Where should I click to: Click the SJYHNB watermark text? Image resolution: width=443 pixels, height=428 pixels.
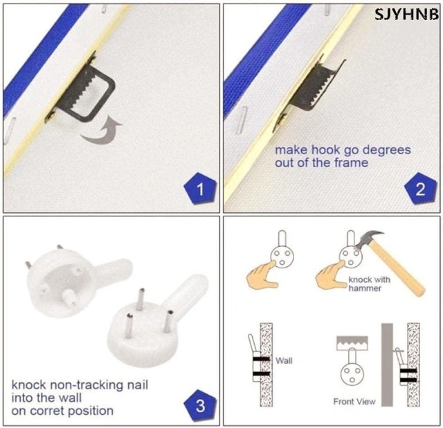(406, 14)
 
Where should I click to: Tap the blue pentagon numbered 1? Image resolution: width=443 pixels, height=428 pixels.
(200, 189)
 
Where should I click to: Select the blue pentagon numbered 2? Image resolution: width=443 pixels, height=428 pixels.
(420, 189)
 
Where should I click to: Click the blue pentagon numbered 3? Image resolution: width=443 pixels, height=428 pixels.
(200, 405)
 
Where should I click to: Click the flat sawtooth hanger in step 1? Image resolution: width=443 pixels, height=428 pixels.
(84, 91)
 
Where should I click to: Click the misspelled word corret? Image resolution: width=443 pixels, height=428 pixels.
(48, 411)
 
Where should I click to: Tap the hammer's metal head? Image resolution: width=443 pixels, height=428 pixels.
(369, 239)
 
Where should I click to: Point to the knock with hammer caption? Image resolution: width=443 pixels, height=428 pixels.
(369, 283)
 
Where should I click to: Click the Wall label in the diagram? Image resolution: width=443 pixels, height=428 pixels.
(284, 360)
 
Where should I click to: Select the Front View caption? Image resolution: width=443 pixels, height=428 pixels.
(354, 402)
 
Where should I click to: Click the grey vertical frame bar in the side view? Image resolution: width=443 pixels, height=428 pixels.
(387, 364)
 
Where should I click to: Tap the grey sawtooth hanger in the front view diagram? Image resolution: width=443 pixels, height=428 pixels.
(352, 343)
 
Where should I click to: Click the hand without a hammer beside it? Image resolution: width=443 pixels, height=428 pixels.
(262, 275)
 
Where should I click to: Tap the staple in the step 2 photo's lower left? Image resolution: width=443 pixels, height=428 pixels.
(242, 120)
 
